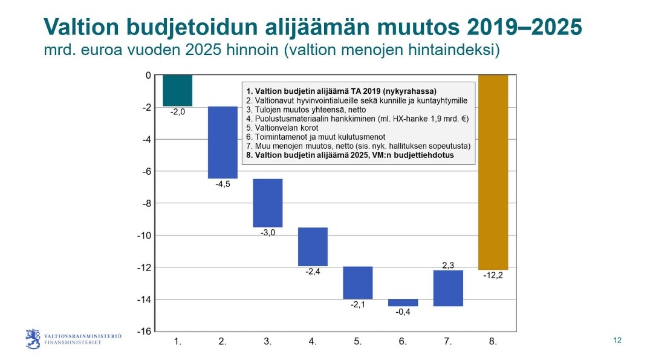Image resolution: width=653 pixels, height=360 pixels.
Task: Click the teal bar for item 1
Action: click(x=177, y=90)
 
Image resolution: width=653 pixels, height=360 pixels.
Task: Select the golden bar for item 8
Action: click(x=493, y=172)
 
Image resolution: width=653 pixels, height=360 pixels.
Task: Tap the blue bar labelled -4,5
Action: click(x=223, y=143)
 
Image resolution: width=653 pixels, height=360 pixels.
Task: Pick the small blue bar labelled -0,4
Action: click(x=403, y=303)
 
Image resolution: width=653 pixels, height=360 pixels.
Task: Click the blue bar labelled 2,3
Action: click(x=448, y=289)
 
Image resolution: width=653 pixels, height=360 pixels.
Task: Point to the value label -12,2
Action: click(x=493, y=275)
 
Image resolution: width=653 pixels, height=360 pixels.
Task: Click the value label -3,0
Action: click(x=268, y=232)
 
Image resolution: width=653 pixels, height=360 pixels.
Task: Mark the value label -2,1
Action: click(x=358, y=304)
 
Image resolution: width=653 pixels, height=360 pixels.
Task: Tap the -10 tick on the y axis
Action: click(x=144, y=235)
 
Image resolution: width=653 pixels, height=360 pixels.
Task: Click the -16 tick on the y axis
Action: click(x=144, y=331)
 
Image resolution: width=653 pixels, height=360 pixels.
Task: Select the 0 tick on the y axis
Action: click(x=148, y=76)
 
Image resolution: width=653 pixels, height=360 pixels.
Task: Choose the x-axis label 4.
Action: click(x=313, y=342)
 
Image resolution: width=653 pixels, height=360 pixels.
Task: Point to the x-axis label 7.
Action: click(x=448, y=342)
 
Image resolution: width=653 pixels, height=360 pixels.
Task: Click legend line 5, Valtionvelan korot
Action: click(x=282, y=128)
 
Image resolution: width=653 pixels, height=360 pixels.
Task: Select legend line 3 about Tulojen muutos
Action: click(x=306, y=110)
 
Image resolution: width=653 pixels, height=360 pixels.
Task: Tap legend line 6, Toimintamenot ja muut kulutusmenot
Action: click(x=316, y=137)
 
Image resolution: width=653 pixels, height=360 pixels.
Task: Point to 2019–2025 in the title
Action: click(x=524, y=27)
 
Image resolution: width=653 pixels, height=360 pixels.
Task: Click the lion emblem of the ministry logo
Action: click(x=33, y=339)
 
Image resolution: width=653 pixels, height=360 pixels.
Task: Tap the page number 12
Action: click(x=617, y=341)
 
